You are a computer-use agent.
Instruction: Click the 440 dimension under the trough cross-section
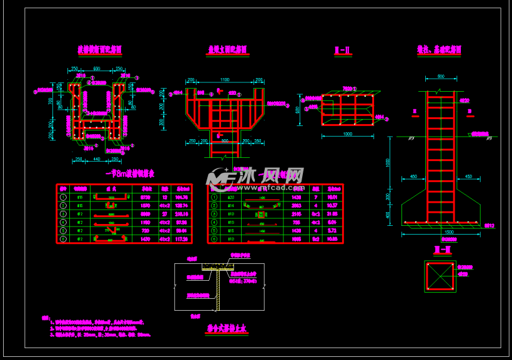[x=96, y=159]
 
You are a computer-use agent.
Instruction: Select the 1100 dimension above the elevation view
[x=225, y=79]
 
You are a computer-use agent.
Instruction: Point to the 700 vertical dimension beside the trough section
[x=52, y=101]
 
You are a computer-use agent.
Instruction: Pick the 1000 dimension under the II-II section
[x=348, y=134]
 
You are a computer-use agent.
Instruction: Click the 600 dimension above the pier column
[x=440, y=77]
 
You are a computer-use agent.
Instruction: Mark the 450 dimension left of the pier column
[x=413, y=177]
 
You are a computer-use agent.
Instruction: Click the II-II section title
[x=343, y=50]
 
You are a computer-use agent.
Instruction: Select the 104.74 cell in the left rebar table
[x=182, y=197]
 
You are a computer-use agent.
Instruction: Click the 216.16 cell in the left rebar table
[x=182, y=213]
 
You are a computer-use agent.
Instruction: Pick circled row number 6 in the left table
[x=62, y=238]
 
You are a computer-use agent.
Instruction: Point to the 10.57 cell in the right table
[x=332, y=205]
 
